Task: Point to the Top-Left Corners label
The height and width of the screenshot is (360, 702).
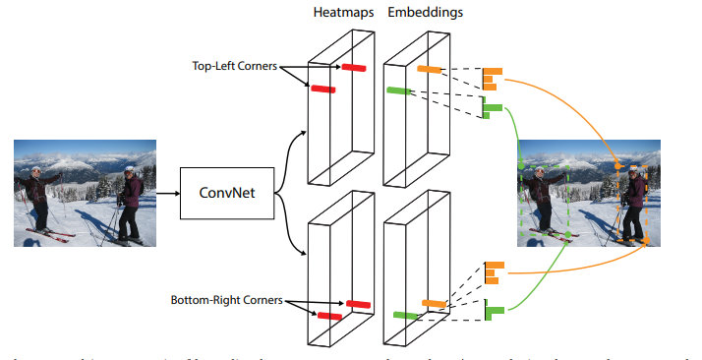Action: point(233,67)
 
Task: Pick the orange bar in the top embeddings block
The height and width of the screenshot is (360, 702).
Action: point(430,69)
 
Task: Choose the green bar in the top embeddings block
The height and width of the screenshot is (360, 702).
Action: point(399,90)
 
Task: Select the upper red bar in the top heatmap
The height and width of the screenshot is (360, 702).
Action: point(354,68)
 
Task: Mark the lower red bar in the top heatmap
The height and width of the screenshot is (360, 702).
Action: point(323,90)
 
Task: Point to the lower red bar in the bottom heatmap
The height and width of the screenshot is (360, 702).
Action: point(329,317)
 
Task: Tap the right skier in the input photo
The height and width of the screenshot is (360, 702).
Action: point(129,202)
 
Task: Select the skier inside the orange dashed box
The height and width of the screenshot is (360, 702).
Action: point(634,202)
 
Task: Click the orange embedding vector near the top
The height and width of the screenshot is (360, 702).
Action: point(492,79)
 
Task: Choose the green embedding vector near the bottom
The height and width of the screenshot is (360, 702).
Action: point(494,312)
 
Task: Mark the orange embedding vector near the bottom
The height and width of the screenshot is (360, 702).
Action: point(493,271)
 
